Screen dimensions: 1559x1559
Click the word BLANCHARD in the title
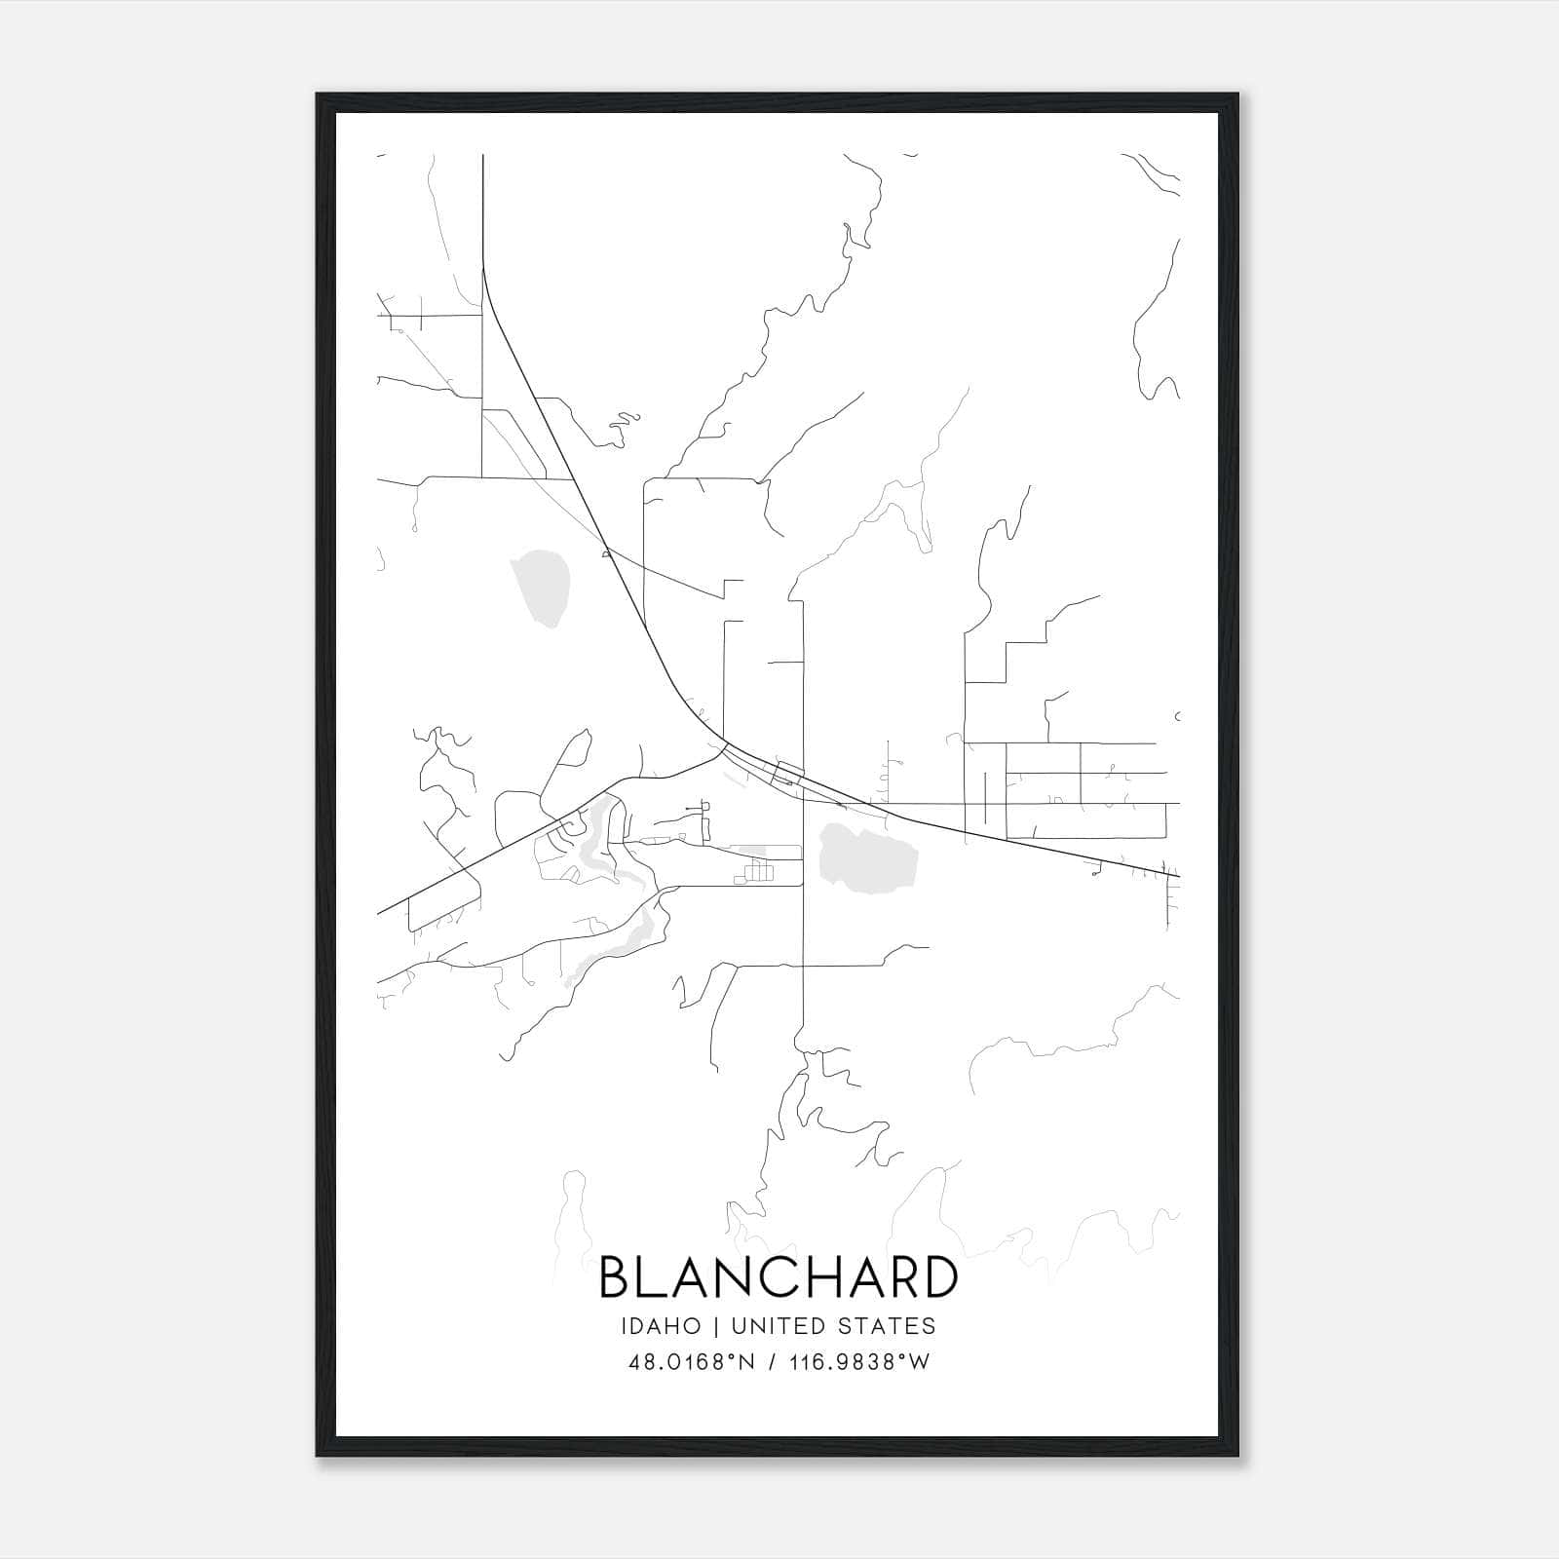coord(779,1277)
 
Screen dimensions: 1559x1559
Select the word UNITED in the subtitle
coord(774,1326)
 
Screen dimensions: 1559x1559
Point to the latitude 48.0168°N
coord(692,1362)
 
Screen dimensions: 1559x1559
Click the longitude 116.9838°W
coord(858,1362)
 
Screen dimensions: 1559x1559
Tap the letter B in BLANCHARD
coord(618,1277)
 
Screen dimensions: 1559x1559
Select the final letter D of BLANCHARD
coord(937,1277)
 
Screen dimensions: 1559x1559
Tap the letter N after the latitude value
coord(748,1362)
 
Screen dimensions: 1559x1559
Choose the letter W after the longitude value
coord(919,1362)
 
